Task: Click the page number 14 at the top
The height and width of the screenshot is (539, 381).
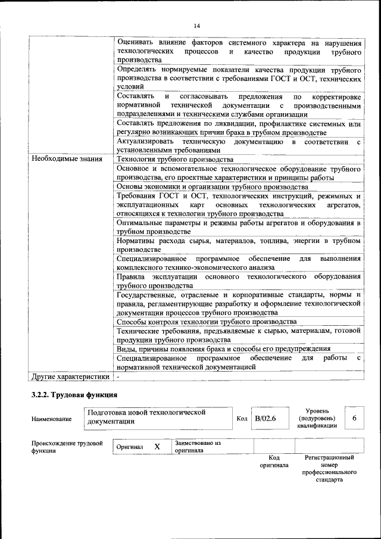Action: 196,24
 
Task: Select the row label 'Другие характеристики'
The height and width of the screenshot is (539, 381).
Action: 70,376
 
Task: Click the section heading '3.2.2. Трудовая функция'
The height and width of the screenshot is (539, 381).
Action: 74,395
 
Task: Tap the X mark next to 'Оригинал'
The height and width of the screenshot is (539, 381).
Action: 157,447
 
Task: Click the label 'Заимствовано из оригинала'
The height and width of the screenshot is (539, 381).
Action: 198,447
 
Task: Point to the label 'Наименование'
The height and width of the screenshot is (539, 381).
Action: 51,419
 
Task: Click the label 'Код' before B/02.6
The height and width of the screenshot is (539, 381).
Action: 242,419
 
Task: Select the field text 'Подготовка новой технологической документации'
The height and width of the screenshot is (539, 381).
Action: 146,416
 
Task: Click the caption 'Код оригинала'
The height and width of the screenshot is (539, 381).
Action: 274,461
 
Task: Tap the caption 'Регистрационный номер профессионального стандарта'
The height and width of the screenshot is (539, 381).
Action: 329,468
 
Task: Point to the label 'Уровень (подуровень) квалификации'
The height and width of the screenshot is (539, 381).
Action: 323,418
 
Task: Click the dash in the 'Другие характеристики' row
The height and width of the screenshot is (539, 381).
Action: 118,376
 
